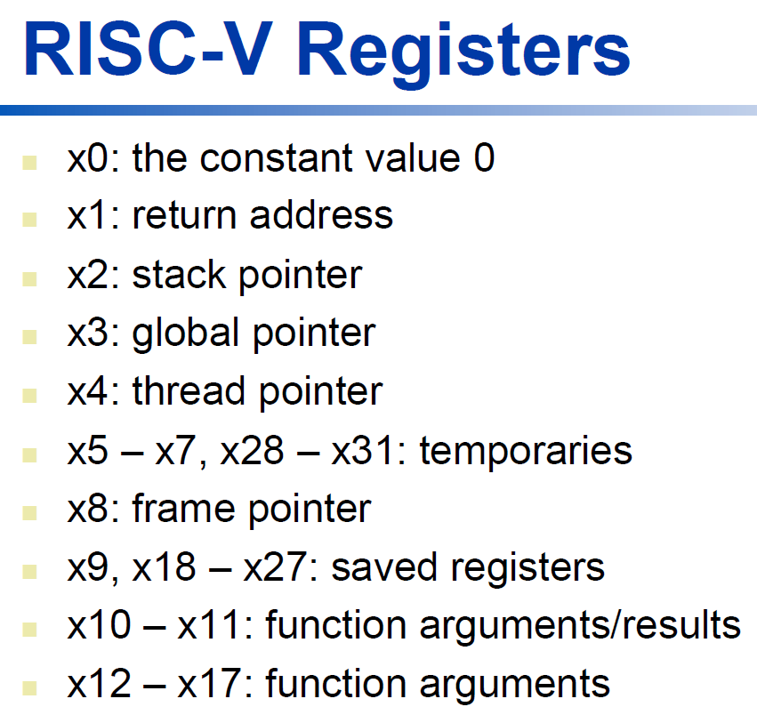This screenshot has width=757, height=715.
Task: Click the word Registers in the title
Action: click(x=463, y=52)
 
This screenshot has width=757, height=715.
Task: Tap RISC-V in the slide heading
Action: click(x=145, y=48)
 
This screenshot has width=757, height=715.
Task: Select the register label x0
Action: click(x=88, y=158)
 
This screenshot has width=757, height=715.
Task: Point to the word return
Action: click(x=184, y=216)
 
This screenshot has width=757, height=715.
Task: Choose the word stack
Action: click(x=179, y=274)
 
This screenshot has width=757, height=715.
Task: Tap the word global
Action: click(x=186, y=334)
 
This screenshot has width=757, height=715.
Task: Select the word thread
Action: click(x=189, y=390)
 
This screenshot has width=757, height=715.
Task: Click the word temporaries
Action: click(x=526, y=451)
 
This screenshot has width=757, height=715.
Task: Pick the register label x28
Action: click(x=252, y=451)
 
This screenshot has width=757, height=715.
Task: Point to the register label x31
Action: click(x=363, y=451)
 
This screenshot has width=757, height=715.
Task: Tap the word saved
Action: click(x=384, y=566)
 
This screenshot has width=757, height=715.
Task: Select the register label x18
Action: click(x=164, y=566)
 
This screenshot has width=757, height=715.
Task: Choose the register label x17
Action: click(x=209, y=683)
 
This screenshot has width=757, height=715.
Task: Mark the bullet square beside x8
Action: click(x=30, y=513)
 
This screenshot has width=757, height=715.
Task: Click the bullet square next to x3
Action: click(x=30, y=337)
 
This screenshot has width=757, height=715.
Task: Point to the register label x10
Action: click(x=99, y=624)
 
